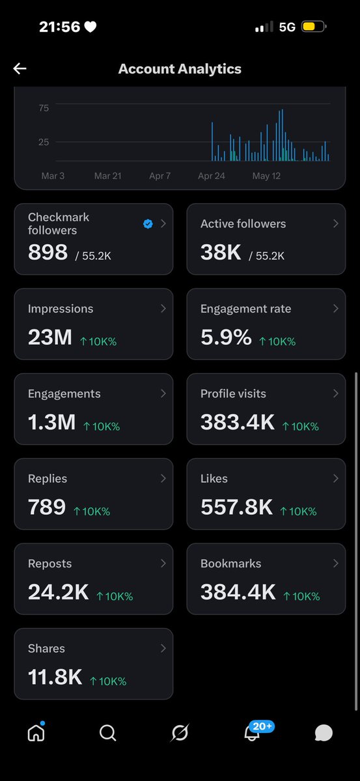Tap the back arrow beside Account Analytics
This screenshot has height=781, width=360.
click(x=20, y=69)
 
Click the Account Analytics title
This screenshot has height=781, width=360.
click(x=180, y=69)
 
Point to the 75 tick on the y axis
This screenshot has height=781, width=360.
click(x=44, y=108)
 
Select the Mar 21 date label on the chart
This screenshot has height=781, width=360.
click(x=108, y=176)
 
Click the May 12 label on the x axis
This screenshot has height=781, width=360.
click(x=266, y=176)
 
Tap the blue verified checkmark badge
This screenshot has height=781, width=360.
click(x=148, y=223)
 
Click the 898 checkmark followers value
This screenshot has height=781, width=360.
click(x=48, y=252)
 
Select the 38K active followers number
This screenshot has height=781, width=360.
click(x=221, y=252)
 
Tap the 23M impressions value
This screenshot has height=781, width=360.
click(x=50, y=337)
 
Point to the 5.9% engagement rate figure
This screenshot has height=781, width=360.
click(x=226, y=337)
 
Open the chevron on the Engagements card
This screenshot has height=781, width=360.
click(x=163, y=393)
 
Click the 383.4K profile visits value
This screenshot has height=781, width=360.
click(x=238, y=422)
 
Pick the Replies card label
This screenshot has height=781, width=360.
click(x=48, y=478)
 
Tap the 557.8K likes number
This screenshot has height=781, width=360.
click(x=236, y=506)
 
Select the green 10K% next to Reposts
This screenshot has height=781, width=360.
click(x=115, y=596)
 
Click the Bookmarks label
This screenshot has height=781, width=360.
click(x=230, y=564)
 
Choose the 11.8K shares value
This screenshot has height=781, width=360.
click(x=55, y=677)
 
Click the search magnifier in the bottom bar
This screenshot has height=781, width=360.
click(x=108, y=733)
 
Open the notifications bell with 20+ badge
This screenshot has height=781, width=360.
click(x=252, y=733)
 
